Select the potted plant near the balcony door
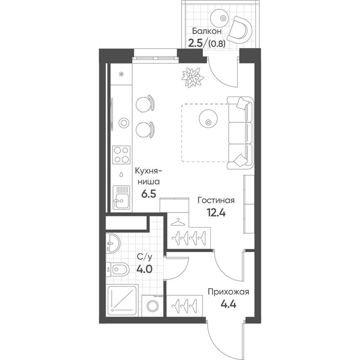[x=193, y=77]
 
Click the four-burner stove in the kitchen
[x=122, y=155]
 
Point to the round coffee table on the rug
[x=207, y=119]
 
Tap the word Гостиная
[x=216, y=200]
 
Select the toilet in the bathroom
[x=118, y=269]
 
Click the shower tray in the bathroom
[x=122, y=300]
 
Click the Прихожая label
[x=228, y=292]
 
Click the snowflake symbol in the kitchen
[x=122, y=74]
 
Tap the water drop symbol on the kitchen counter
[x=122, y=174]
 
